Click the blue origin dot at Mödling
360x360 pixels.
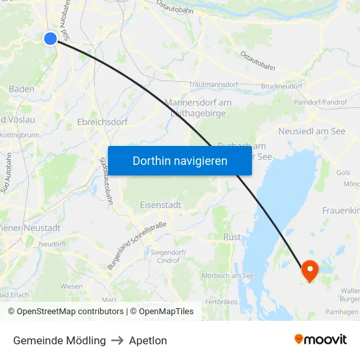point(50,39)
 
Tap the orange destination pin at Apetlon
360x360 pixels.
point(309,270)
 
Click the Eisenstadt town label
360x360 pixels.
point(160,205)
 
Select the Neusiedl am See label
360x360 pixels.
point(312,132)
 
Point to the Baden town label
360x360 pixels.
point(22,89)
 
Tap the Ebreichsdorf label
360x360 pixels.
point(102,122)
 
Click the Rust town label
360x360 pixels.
point(232,237)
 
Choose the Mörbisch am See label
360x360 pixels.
point(228,276)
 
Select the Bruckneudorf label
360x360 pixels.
point(281,85)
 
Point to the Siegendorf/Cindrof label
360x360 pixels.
point(168,257)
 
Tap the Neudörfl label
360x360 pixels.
point(52,243)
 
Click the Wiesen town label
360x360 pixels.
point(71,286)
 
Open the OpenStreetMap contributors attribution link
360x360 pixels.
point(67,312)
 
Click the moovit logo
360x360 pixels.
point(321,340)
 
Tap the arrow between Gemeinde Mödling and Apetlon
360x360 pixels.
point(117,341)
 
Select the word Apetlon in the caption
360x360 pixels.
point(148,341)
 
